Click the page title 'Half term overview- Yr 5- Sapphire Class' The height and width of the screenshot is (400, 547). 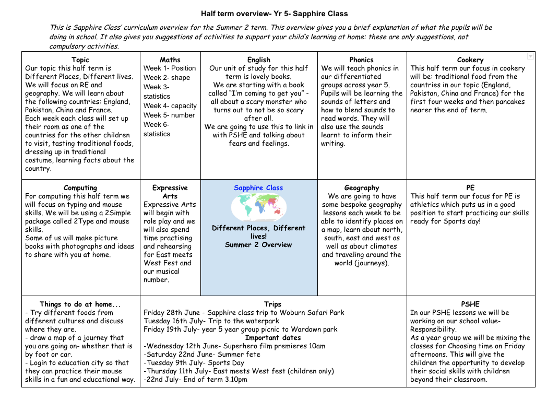point(274,14)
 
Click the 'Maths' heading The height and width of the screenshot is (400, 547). point(170,60)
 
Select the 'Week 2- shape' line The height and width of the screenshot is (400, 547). point(167,78)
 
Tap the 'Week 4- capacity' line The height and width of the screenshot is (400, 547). point(170,106)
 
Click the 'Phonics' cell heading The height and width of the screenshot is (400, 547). point(361,60)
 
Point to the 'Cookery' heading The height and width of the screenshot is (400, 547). point(470,60)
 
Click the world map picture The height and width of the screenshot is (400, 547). point(258,207)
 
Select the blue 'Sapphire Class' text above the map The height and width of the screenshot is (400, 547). point(258,188)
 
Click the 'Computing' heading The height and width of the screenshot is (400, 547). point(80,188)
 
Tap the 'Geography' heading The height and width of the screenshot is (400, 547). point(361,188)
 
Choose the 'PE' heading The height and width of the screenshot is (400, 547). point(470,188)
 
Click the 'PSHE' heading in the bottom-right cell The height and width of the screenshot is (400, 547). point(470,304)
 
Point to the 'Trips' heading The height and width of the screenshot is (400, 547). point(272,304)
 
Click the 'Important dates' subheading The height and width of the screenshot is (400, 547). point(273,338)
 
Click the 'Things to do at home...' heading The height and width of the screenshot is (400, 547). point(80,304)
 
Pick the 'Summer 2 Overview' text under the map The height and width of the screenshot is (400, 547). point(258,245)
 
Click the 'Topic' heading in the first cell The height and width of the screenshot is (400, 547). point(80,60)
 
